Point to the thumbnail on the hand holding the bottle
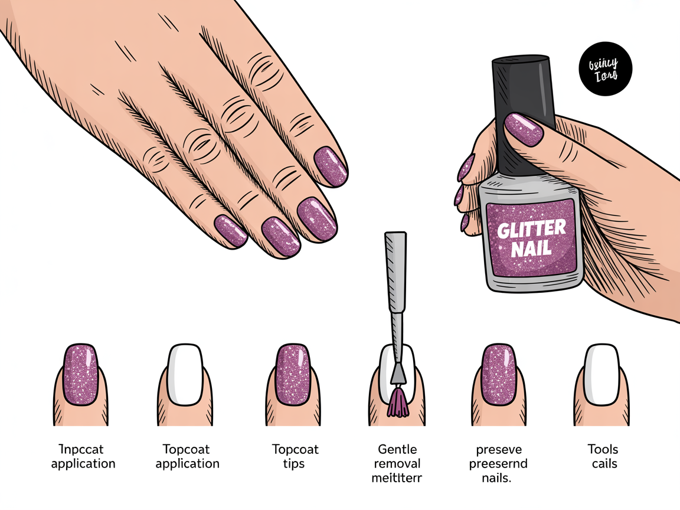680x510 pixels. click(x=524, y=130)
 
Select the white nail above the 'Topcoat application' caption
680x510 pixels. click(x=185, y=375)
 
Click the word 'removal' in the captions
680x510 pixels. click(x=397, y=463)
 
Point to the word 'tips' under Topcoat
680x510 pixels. click(x=293, y=463)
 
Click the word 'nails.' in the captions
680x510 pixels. click(x=498, y=477)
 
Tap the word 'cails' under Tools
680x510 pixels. click(x=604, y=463)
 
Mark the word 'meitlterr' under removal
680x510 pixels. click(x=397, y=477)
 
